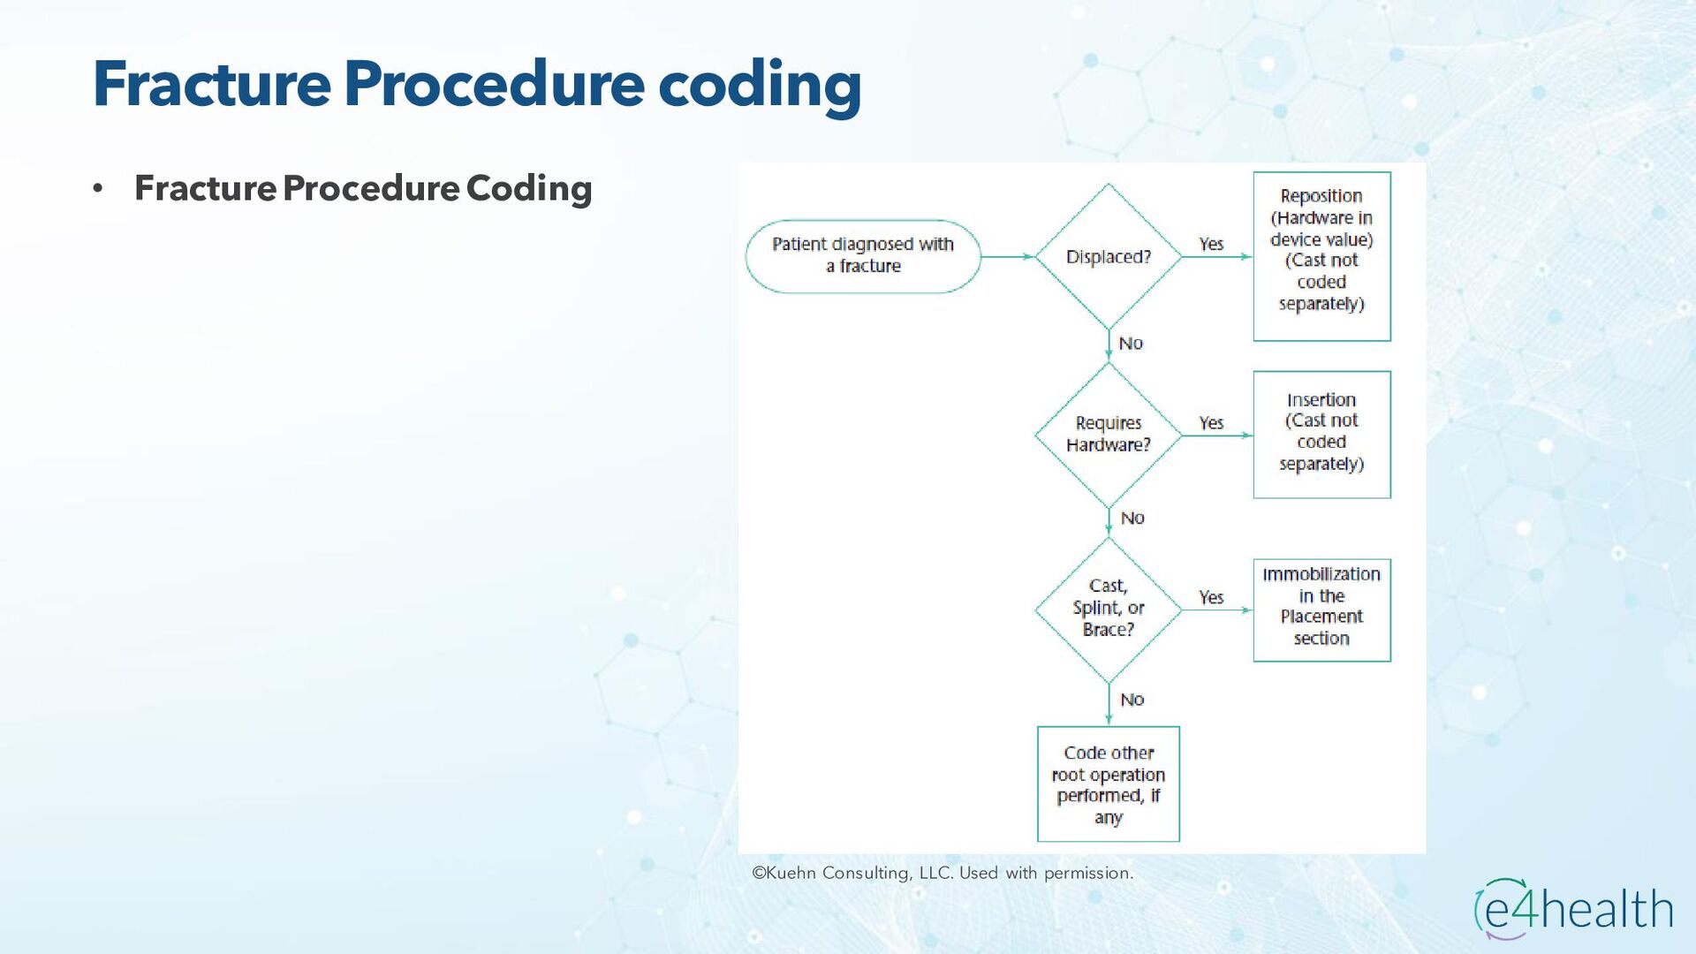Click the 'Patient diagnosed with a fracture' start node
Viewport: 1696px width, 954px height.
pos(863,256)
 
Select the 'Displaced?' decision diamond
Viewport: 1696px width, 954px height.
pos(1108,257)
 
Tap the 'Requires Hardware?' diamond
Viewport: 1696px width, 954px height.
pos(1108,434)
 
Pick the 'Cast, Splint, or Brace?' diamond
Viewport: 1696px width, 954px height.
pos(1108,609)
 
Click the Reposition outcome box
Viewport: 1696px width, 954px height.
pos(1321,256)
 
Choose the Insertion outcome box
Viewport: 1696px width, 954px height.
pos(1321,434)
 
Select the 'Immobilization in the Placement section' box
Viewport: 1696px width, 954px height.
pos(1321,609)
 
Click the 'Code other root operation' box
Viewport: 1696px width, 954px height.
pos(1108,784)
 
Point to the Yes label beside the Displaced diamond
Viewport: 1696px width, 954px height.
pos(1211,244)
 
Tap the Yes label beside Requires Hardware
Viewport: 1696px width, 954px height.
pos(1211,423)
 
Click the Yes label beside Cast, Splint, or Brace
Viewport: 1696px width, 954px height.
pos(1211,598)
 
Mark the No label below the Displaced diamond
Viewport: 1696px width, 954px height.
pos(1131,344)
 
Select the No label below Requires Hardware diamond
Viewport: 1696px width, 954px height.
pos(1132,519)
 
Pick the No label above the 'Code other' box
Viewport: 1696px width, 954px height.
pos(1132,700)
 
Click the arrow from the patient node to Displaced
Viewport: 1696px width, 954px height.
pos(1007,257)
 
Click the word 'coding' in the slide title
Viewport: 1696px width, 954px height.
pos(759,85)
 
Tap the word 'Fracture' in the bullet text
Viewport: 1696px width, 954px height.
pos(205,188)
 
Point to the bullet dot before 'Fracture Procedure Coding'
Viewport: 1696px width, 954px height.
pos(98,188)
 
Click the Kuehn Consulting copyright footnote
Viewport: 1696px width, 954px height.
pos(942,874)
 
